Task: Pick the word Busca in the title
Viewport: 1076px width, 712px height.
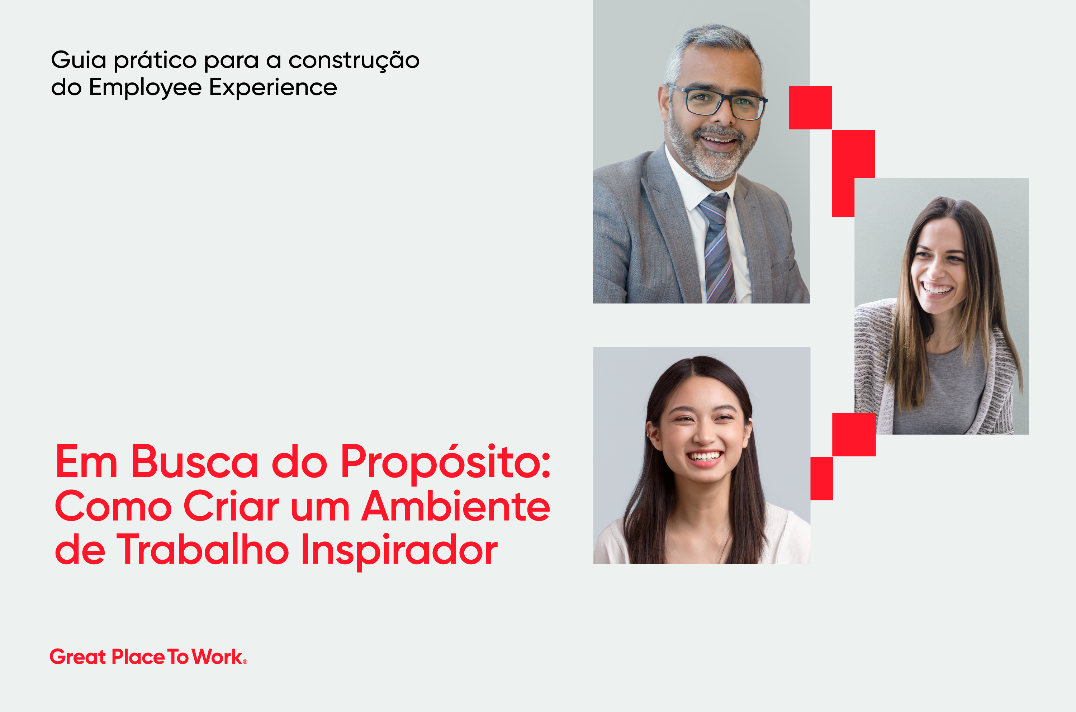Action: (194, 461)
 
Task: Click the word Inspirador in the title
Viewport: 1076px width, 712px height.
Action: (399, 552)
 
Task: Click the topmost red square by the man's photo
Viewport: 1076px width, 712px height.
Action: (810, 108)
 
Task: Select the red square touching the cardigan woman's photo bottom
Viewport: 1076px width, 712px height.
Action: (854, 435)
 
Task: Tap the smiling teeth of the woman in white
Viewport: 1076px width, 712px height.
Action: (704, 456)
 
